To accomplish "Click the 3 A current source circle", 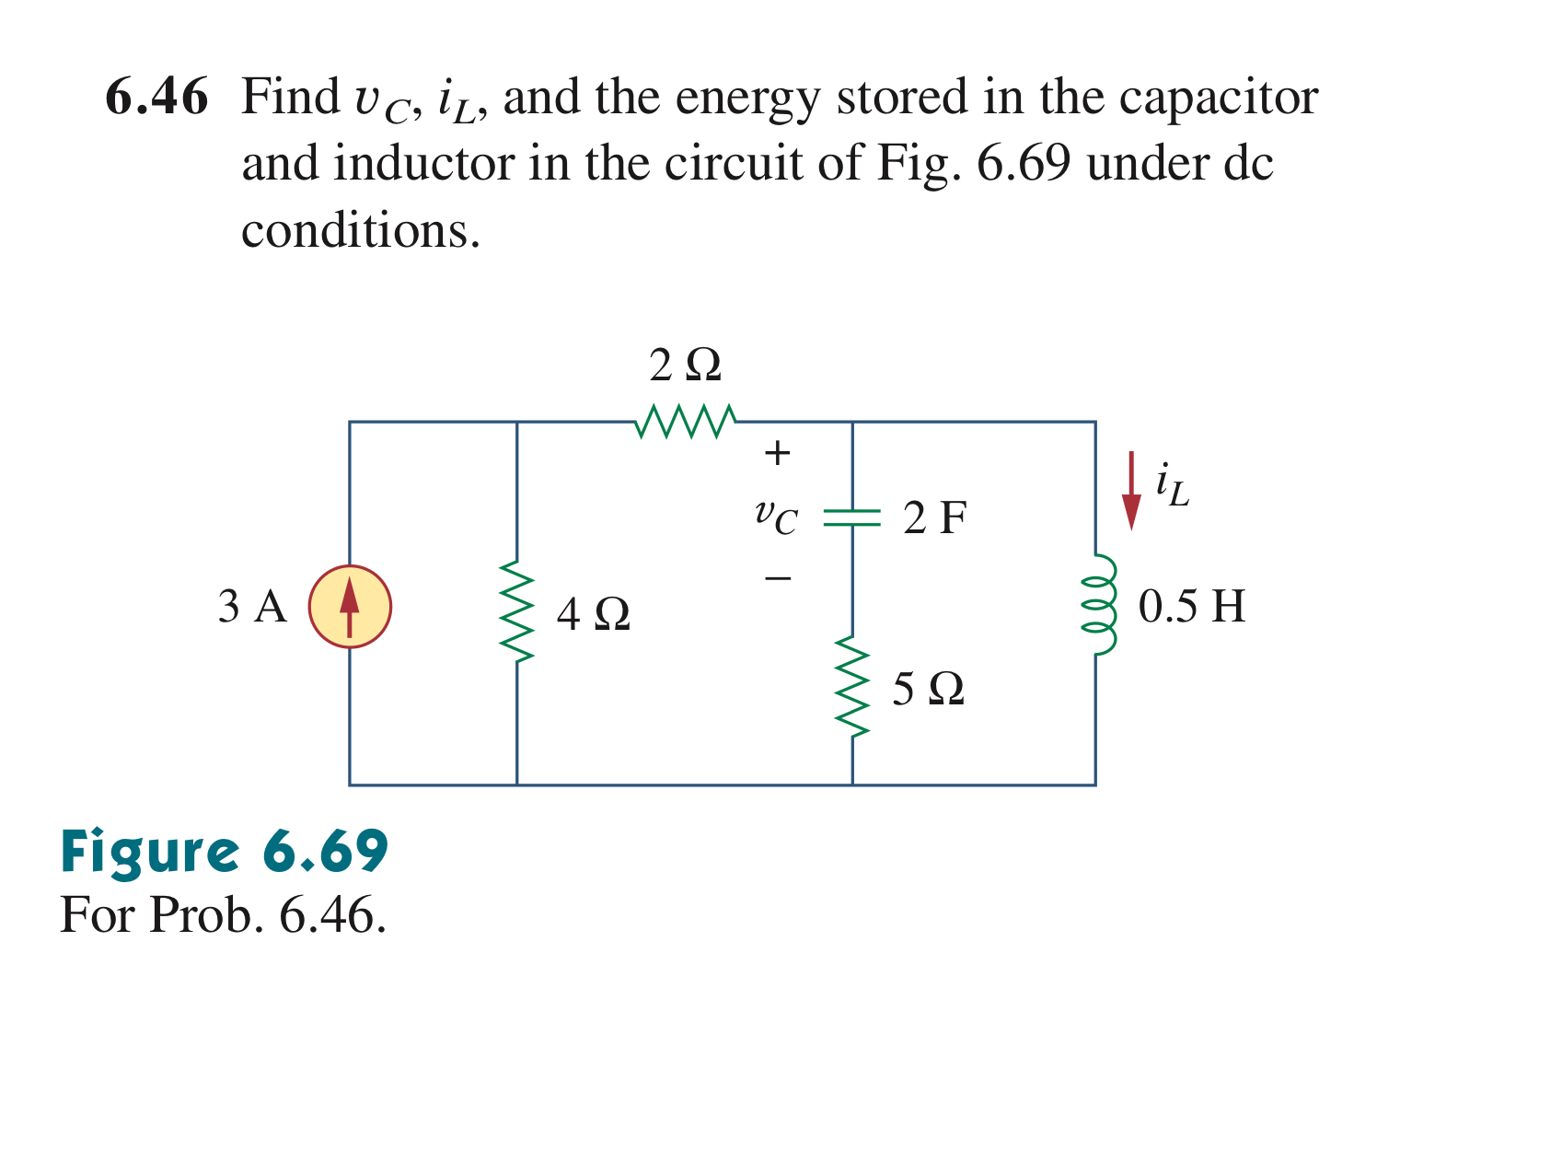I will point(350,607).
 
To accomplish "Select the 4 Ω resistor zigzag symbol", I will point(517,612).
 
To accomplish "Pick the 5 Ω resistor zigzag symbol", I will point(852,687).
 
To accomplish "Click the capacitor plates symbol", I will point(852,517).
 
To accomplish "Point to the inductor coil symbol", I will point(1098,605).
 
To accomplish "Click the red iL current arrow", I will point(1131,491).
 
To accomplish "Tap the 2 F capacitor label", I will point(934,517).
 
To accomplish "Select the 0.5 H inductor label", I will point(1191,607).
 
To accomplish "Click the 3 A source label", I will point(252,607).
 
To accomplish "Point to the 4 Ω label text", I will point(594,614).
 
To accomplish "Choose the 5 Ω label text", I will point(928,689).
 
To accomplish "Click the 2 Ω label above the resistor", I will point(686,366).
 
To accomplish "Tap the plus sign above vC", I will point(778,453).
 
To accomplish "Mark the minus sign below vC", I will point(778,578).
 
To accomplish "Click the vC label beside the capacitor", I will point(776,517).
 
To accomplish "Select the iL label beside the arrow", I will point(1173,485).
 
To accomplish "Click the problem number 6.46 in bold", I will point(156,97).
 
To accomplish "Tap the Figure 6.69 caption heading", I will point(225,851).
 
